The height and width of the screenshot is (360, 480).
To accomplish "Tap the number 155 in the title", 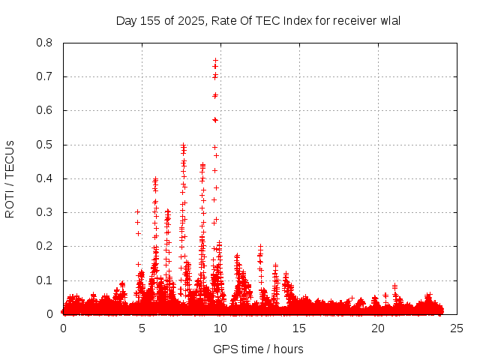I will pyautogui.click(x=148, y=20).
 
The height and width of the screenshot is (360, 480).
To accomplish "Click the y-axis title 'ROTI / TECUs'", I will pyautogui.click(x=10, y=178).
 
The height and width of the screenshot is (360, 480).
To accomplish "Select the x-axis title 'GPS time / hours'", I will pyautogui.click(x=258, y=349).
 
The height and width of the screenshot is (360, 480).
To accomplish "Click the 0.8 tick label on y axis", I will pyautogui.click(x=45, y=43).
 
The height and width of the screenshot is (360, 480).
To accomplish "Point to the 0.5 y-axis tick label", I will pyautogui.click(x=45, y=145).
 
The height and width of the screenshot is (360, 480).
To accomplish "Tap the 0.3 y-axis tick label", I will pyautogui.click(x=45, y=212).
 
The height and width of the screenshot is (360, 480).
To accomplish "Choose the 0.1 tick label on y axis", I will pyautogui.click(x=45, y=280).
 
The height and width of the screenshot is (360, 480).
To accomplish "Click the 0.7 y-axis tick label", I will pyautogui.click(x=45, y=76).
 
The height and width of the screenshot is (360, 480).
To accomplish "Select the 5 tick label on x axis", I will pyautogui.click(x=142, y=328).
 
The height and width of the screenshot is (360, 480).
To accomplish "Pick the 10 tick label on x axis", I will pyautogui.click(x=220, y=328).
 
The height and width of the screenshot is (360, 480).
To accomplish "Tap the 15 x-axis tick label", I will pyautogui.click(x=299, y=328).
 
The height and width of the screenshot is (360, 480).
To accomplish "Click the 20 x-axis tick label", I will pyautogui.click(x=378, y=328).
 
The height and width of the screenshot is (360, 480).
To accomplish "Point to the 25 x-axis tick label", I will pyautogui.click(x=457, y=328).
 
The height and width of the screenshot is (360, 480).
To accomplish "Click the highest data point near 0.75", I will pyautogui.click(x=216, y=60).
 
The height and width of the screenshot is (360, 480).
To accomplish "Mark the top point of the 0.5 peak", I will pyautogui.click(x=183, y=145).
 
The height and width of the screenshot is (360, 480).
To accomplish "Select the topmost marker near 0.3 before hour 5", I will pyautogui.click(x=137, y=211).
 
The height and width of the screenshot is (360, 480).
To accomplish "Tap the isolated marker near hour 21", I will pyautogui.click(x=394, y=286).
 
